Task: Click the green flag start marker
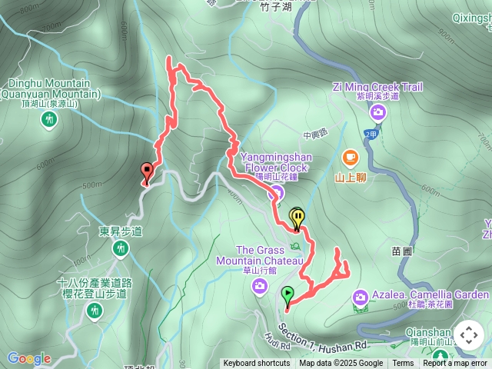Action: tap(288, 294)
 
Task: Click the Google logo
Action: tap(28, 358)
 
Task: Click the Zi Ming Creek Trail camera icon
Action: tap(377, 113)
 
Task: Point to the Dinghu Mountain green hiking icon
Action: tap(51, 119)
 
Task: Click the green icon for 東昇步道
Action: tap(121, 248)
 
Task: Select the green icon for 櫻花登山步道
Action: tap(95, 310)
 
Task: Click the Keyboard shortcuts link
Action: tap(257, 364)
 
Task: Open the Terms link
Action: tap(403, 364)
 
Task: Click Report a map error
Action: tap(455, 364)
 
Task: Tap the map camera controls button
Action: tap(468, 335)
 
